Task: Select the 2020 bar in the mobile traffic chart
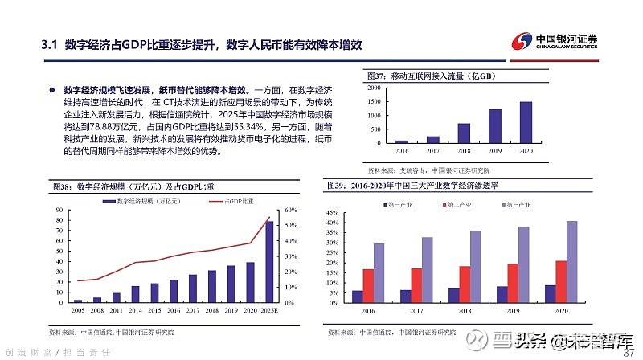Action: coord(526,122)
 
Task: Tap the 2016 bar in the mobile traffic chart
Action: coord(402,141)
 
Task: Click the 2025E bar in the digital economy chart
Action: coord(269,261)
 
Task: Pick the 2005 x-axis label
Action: coord(78,309)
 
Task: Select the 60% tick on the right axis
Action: coord(291,210)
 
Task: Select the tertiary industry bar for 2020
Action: coord(571,259)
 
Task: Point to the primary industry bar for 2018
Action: coord(454,292)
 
